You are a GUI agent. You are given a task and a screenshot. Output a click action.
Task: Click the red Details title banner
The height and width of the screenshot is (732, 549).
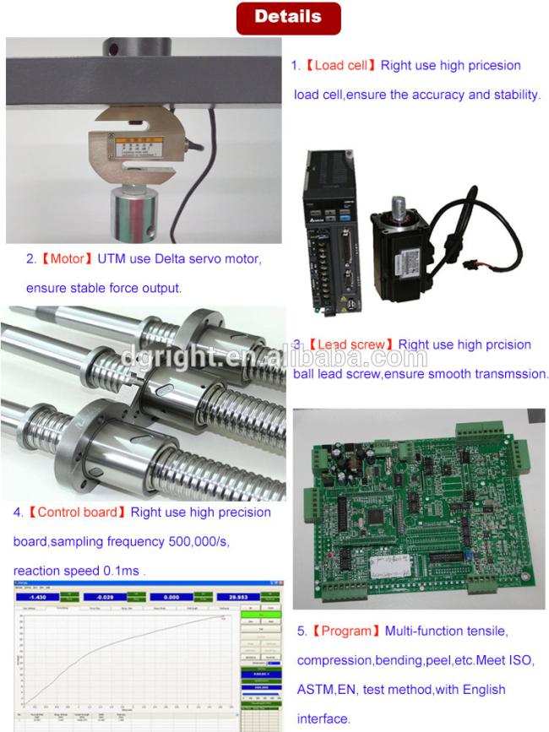(288, 17)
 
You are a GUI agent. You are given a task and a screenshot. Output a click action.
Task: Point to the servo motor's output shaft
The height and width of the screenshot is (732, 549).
(400, 207)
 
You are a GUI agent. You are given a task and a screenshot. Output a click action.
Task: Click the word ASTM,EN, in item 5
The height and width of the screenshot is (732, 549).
(326, 689)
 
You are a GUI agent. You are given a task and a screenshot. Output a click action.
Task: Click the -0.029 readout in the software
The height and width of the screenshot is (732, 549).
(103, 596)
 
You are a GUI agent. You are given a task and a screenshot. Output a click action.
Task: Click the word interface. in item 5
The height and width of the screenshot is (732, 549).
(323, 718)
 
